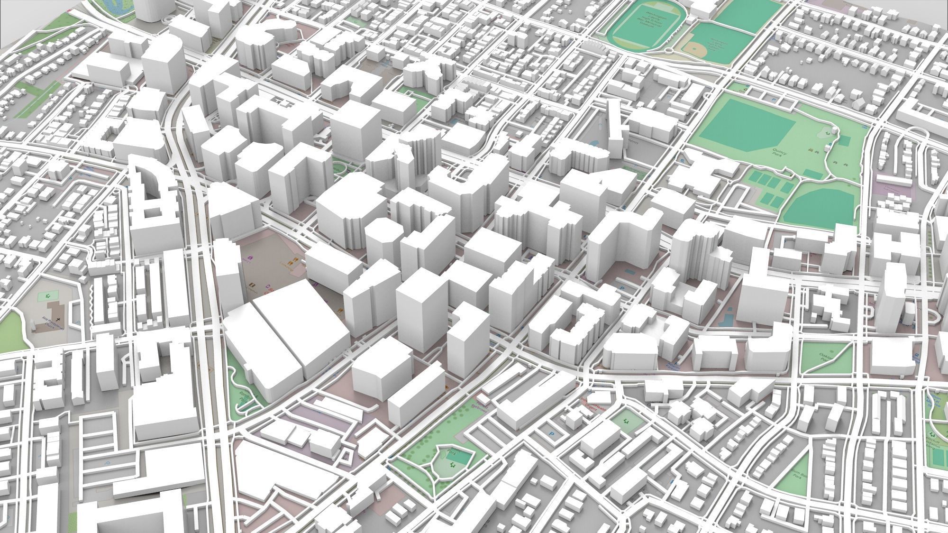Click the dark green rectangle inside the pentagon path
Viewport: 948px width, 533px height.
(456, 458)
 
